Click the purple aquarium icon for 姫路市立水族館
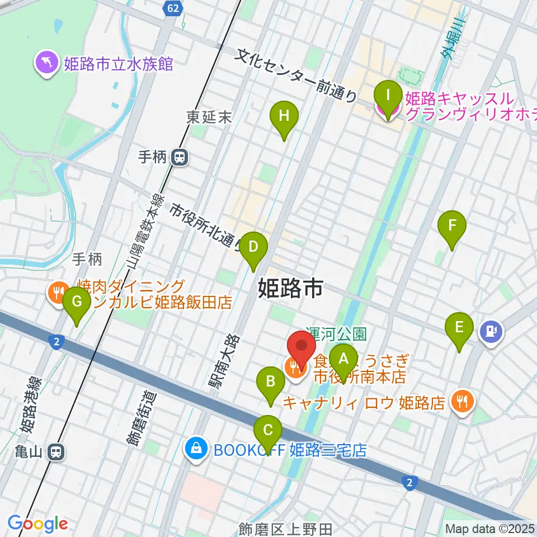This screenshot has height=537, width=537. (45, 63)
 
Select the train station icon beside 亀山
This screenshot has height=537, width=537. (55, 452)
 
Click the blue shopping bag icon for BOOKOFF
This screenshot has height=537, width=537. (196, 449)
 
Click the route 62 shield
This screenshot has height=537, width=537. (173, 8)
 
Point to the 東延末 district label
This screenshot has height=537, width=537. (209, 117)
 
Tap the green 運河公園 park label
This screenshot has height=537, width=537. (336, 334)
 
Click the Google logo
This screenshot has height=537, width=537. (37, 524)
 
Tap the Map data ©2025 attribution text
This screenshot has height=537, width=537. (490, 529)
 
